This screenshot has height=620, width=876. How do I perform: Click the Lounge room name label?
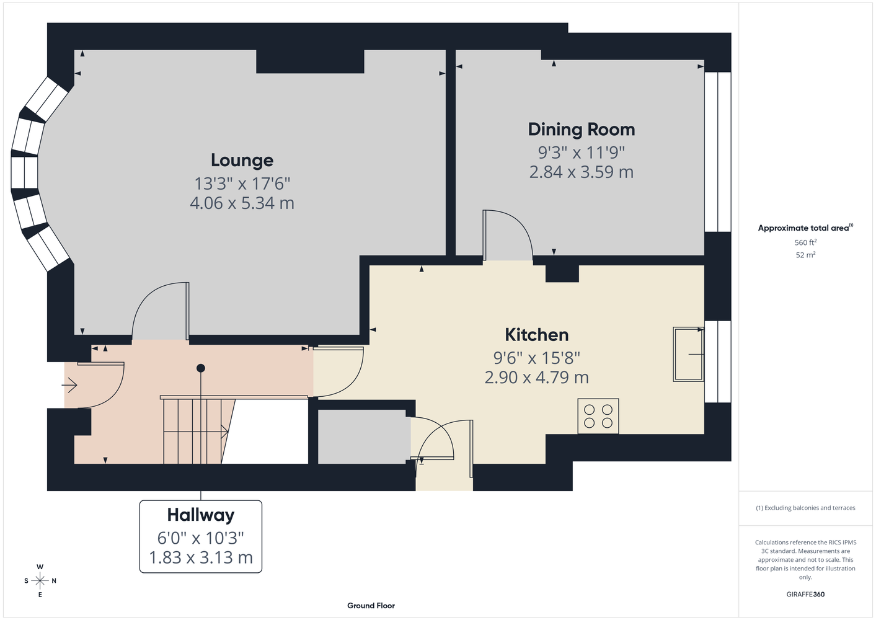pos(242,161)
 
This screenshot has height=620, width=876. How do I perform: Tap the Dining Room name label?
pos(582,130)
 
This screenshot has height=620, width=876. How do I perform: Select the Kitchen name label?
pos(536,335)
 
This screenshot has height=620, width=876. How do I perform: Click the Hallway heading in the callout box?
pos(201,515)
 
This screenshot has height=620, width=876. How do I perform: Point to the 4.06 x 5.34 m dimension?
pos(242,203)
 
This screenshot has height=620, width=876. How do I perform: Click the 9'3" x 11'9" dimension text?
pos(582,153)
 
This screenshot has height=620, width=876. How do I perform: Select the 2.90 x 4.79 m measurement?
pos(536,378)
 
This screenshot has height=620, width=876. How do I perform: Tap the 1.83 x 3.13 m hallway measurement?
pos(201,557)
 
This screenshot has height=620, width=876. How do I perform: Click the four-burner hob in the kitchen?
pos(598,416)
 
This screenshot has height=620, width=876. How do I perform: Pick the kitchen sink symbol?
pos(688,355)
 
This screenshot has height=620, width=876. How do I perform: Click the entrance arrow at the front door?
pos(69,385)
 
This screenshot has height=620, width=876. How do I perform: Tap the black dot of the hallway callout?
pos(201,368)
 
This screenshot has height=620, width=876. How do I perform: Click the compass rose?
pos(40,581)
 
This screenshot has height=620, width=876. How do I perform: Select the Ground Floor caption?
pos(371,606)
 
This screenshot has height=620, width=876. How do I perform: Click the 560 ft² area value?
pos(805,242)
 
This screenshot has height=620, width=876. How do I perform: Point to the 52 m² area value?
pos(805,255)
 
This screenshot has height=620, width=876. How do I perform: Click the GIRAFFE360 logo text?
pos(805,594)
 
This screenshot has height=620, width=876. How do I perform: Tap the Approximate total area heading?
pos(805,228)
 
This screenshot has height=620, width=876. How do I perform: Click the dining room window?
pos(718,152)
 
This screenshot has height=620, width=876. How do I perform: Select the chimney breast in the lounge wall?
pos(310,61)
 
